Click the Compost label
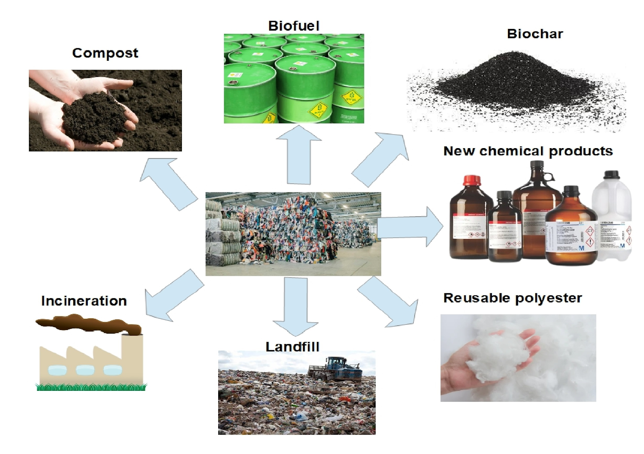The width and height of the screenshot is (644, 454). [x=105, y=53]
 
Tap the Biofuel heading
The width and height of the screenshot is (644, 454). [x=293, y=26]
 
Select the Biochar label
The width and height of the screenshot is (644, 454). [x=535, y=34]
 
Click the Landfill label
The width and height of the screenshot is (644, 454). [x=292, y=347]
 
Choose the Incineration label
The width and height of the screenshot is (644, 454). [x=84, y=301]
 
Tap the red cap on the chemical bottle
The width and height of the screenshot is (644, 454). [x=472, y=180]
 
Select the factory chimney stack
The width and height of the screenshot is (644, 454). [x=132, y=358]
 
